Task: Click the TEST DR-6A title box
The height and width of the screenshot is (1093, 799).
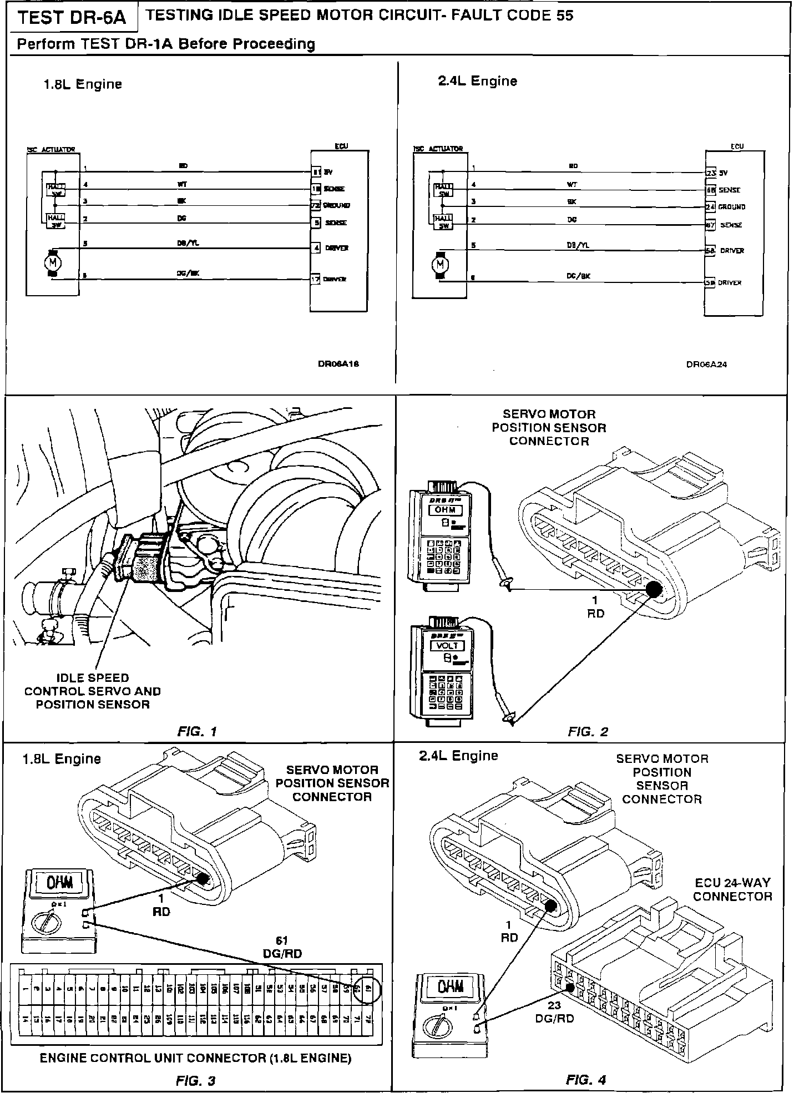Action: [x=72, y=18]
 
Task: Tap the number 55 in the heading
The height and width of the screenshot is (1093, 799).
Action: [x=564, y=16]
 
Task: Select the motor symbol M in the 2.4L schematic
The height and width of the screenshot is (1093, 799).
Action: [x=441, y=265]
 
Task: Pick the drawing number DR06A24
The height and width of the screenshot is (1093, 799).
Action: [x=706, y=365]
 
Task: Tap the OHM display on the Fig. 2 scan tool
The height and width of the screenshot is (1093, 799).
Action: [x=445, y=509]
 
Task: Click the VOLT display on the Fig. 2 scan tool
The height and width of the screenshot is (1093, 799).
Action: [x=448, y=645]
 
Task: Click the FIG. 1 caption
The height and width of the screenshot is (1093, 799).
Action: [x=197, y=731]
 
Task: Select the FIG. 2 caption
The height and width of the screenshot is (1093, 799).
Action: [x=588, y=731]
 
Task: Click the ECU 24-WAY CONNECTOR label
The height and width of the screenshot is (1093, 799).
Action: [x=732, y=889]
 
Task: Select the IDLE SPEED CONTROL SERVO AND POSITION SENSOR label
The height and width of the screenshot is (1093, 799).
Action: [x=93, y=691]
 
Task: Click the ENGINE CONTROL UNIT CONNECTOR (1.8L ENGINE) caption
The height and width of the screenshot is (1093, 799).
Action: [x=195, y=1058]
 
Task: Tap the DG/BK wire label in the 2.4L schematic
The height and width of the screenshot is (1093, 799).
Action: [x=578, y=276]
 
